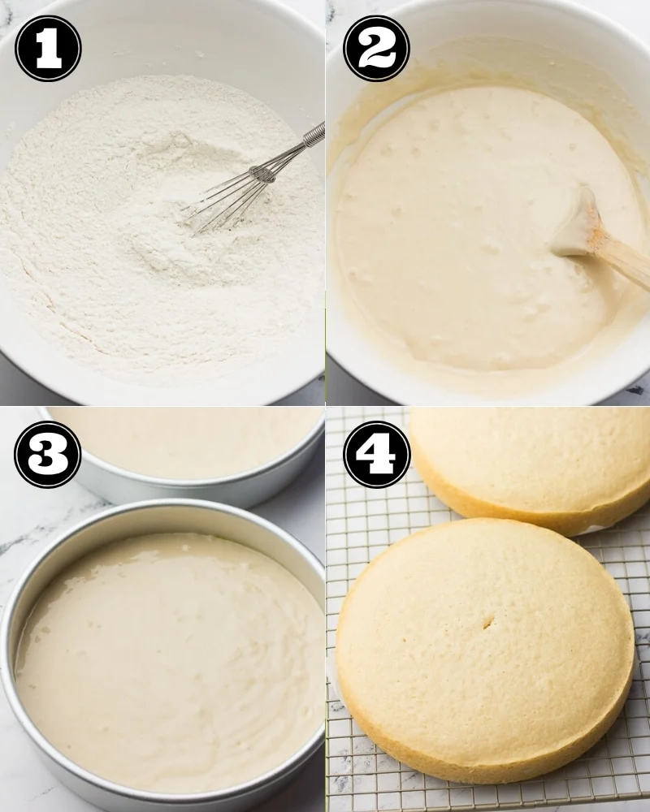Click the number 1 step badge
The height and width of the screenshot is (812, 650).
click(48, 48)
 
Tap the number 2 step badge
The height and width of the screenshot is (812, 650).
click(376, 48)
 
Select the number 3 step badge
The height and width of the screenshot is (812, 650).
click(48, 454)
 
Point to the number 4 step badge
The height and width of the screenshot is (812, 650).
click(376, 454)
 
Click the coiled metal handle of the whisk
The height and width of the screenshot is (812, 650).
click(314, 134)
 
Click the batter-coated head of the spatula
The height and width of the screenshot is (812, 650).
click(574, 222)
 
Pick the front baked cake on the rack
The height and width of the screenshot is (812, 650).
click(484, 650)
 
